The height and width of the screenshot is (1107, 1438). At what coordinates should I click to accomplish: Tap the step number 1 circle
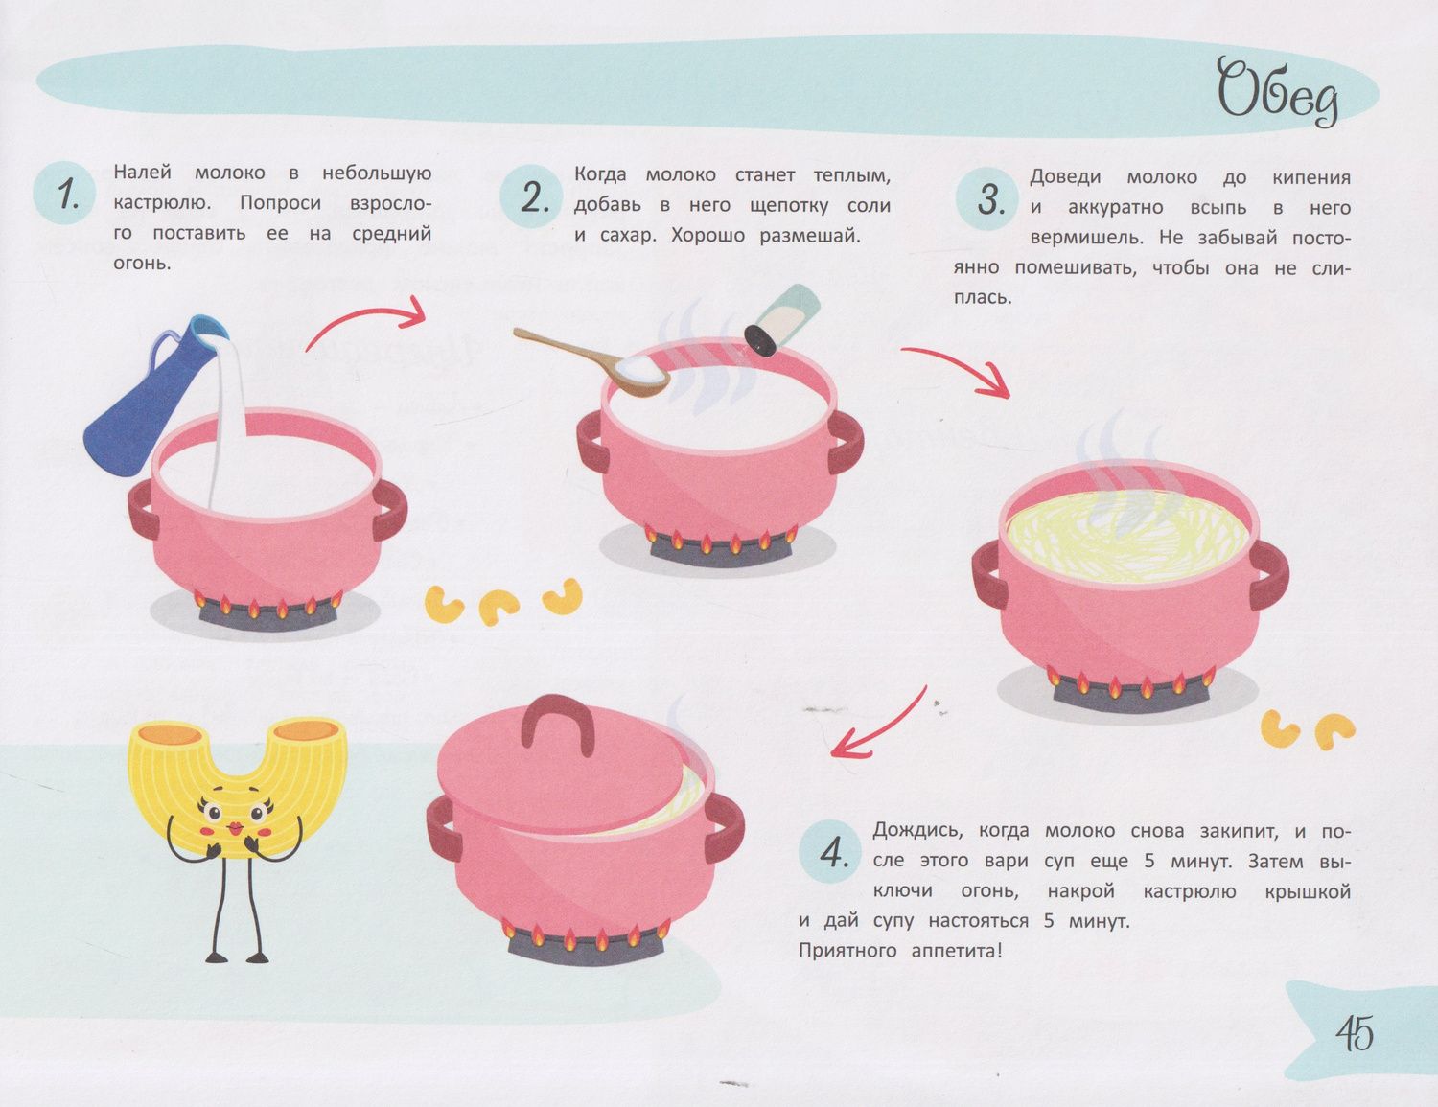pos(65,193)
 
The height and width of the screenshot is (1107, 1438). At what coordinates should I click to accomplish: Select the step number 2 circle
pos(531,196)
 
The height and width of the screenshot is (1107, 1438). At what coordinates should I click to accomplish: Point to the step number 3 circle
pos(987,199)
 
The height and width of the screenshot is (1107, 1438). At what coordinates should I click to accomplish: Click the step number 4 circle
pos(829,853)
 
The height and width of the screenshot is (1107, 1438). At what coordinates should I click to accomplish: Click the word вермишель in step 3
pos(1086,238)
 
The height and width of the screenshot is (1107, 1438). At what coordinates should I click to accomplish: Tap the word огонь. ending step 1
pos(142,264)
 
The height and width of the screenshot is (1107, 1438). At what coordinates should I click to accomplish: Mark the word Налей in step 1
pos(142,173)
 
